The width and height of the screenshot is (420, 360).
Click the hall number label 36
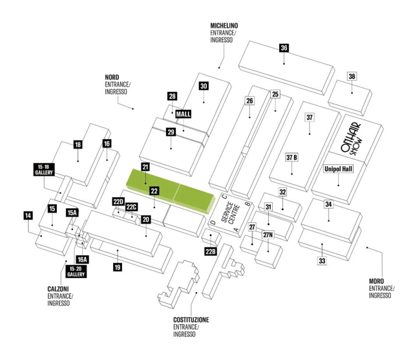[x=284, y=48]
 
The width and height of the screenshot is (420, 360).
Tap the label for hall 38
[x=352, y=76]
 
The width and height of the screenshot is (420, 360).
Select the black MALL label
[x=184, y=114]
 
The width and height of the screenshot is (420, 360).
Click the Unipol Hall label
[x=339, y=169]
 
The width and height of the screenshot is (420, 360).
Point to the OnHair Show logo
[x=351, y=139]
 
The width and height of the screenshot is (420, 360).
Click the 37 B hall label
[x=291, y=158]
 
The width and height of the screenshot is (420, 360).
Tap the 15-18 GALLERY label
[x=44, y=169]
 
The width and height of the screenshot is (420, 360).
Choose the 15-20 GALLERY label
[x=76, y=271]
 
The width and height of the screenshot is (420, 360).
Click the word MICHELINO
[x=224, y=26]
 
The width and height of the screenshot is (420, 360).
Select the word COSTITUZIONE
[x=191, y=320]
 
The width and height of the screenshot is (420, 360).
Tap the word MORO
[x=376, y=281]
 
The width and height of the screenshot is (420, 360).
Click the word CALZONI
[x=58, y=289]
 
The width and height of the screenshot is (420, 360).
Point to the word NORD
[x=112, y=78]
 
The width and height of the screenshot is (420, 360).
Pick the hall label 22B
[x=211, y=251]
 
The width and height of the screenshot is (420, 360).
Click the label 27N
[x=268, y=235]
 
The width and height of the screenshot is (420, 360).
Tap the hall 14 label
[x=28, y=216]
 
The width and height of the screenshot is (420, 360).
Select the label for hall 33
[x=322, y=260]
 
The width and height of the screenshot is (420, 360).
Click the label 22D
[x=118, y=202]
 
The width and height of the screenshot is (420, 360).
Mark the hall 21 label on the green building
[x=145, y=167]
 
